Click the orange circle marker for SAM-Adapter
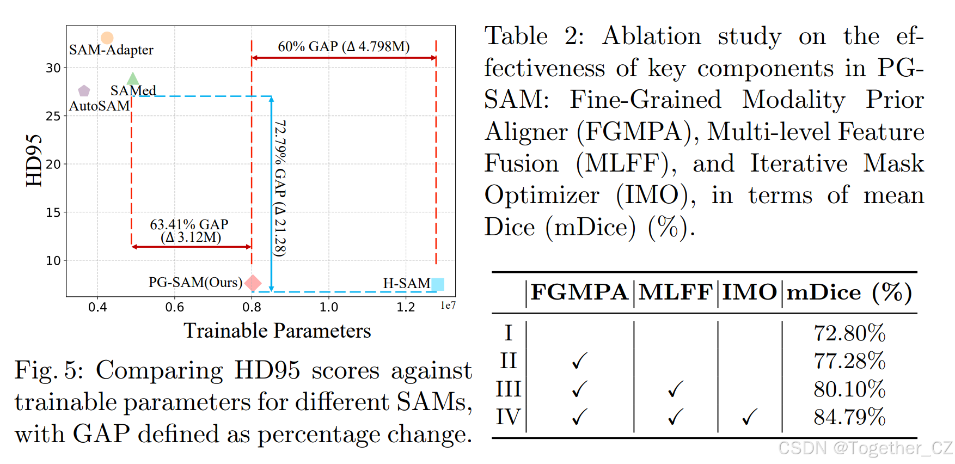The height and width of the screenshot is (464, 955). point(107,38)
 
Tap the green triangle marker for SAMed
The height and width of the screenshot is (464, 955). point(133,80)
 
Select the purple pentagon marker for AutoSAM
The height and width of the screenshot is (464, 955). point(84,90)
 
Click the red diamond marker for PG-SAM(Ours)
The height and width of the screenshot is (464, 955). point(253,283)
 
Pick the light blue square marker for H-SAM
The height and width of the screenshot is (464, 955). point(438,284)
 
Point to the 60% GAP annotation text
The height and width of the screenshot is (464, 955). point(344,47)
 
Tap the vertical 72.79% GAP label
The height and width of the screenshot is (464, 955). point(280,188)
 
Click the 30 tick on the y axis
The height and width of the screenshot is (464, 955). point(53,68)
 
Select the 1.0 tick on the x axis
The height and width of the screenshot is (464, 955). point(328,307)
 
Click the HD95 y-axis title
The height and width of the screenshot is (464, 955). point(34,160)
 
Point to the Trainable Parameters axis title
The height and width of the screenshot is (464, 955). point(277,331)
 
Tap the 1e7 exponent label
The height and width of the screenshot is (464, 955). point(448,306)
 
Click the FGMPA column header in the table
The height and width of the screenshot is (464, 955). point(579,292)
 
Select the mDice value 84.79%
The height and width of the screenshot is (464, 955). point(849,417)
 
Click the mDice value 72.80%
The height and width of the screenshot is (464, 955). point(849,333)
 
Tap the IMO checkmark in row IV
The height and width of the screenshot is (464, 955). point(750,417)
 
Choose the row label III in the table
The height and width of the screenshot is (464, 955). point(509,389)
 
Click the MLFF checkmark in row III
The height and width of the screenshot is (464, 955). point(675,389)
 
